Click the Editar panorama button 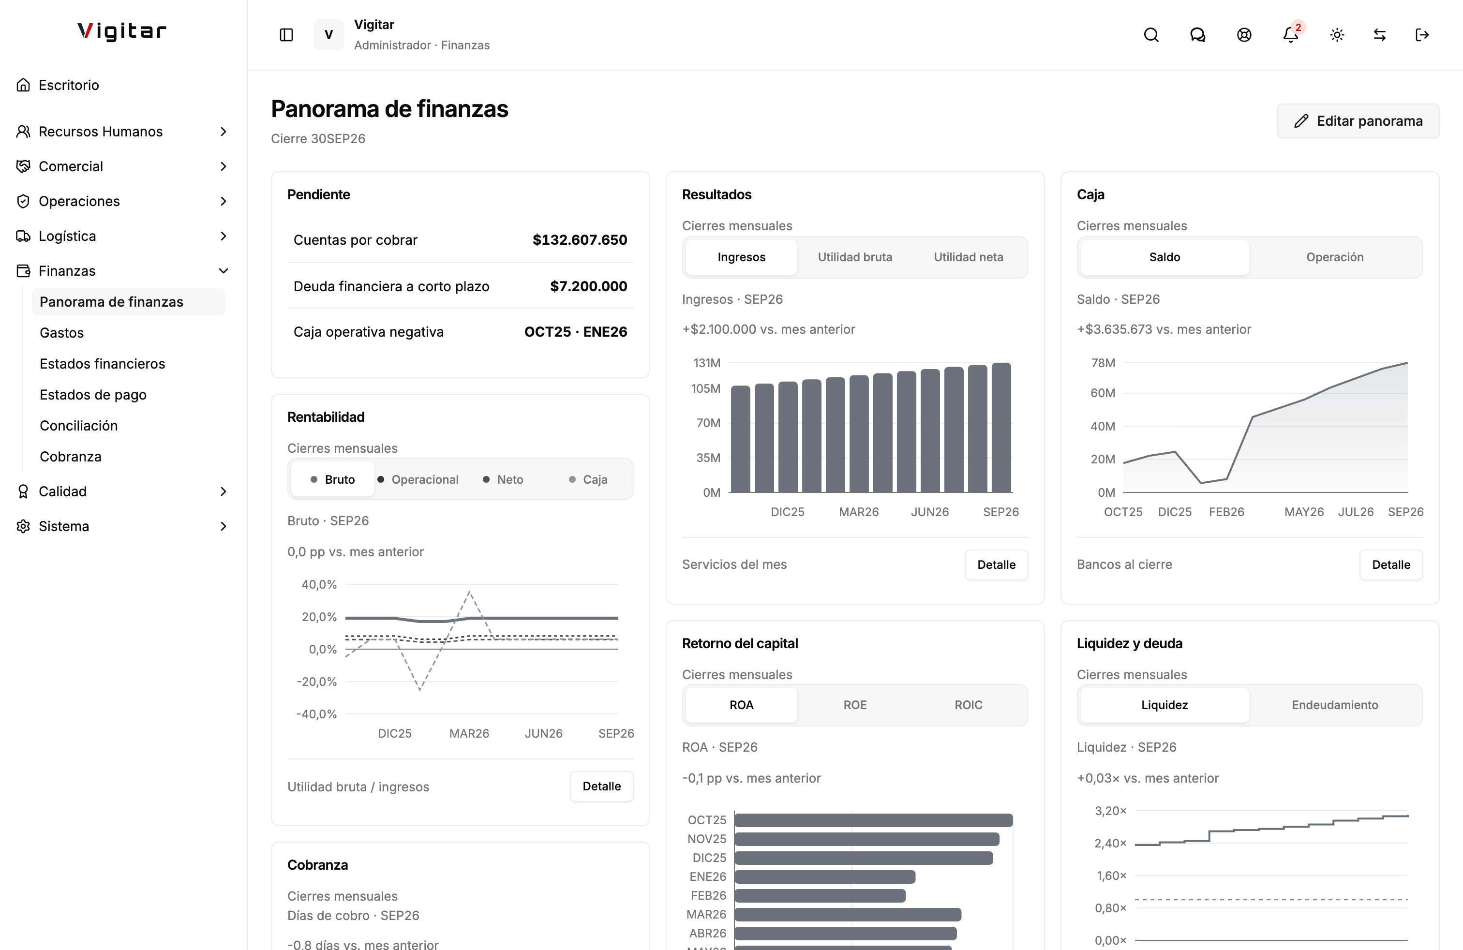pos(1358,121)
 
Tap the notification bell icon pos(1290,34)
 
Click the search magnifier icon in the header pos(1151,34)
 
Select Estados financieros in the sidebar pos(102,364)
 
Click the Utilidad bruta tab pos(854,257)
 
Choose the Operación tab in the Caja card pos(1334,257)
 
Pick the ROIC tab pos(968,705)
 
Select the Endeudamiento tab pos(1334,705)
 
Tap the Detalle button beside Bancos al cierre pos(1390,564)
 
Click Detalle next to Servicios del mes pos(996,564)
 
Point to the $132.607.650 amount pos(580,239)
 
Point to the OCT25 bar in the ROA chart pos(874,820)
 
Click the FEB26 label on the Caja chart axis pos(1226,512)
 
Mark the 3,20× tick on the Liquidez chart pos(1110,811)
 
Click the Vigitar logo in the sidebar pos(122,31)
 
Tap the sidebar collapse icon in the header pos(286,34)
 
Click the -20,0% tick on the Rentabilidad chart pos(316,682)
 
